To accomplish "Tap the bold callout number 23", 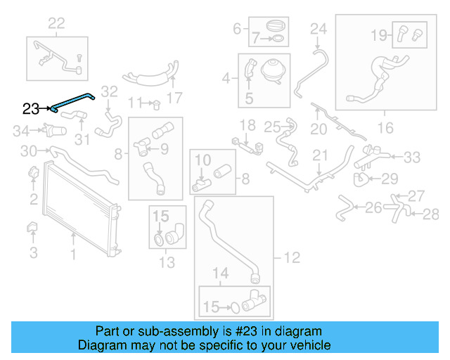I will pyautogui.click(x=31, y=108).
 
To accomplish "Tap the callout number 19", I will pyautogui.click(x=378, y=33).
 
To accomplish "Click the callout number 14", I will pyautogui.click(x=220, y=273).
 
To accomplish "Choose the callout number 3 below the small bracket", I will pyautogui.click(x=33, y=252).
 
